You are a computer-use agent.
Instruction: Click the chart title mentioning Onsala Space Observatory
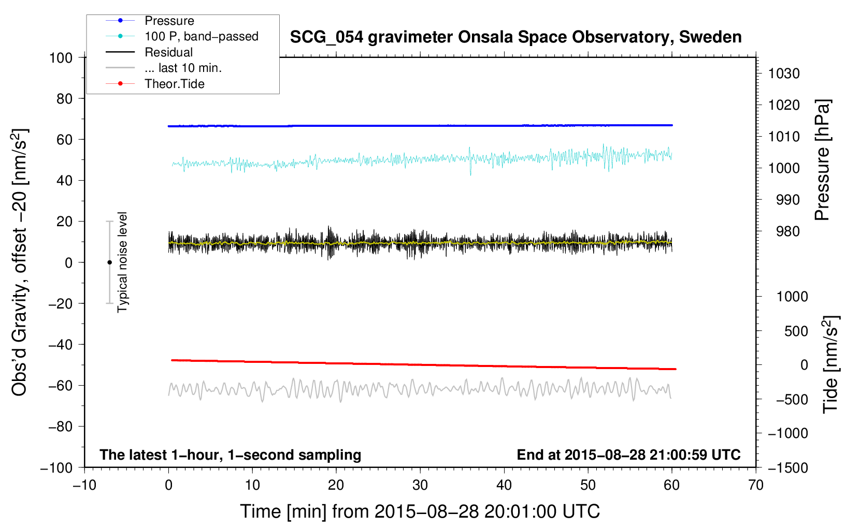(515, 37)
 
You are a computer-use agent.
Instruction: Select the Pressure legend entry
(169, 21)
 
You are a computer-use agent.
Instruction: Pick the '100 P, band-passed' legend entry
(201, 36)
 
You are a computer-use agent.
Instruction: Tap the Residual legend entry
(168, 52)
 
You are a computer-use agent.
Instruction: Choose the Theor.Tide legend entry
(175, 84)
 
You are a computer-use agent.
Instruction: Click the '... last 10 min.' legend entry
(183, 68)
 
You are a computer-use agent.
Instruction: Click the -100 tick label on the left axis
(56, 467)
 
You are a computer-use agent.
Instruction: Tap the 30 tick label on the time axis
(420, 485)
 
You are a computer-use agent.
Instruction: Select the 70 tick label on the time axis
(756, 485)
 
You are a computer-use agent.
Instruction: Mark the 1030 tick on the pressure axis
(784, 74)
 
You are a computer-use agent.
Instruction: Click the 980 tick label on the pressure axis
(784, 231)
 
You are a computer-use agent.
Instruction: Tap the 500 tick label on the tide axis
(796, 331)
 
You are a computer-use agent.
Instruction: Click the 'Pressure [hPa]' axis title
(822, 160)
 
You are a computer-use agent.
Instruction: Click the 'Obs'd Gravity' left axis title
(20, 262)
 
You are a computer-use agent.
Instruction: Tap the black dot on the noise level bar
(109, 262)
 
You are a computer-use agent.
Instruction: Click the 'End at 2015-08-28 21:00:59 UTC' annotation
(628, 454)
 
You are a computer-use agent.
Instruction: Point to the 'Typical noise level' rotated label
(122, 262)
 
